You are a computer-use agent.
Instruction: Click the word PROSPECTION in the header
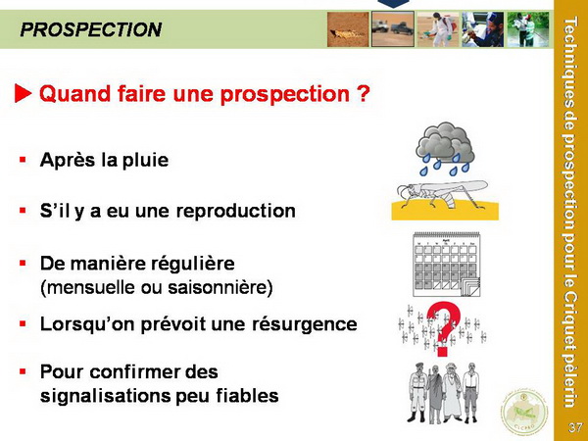point(91,29)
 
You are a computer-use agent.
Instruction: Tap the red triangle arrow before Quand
point(23,93)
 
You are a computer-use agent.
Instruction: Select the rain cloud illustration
point(445,149)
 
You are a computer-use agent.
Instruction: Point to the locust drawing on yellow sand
point(445,200)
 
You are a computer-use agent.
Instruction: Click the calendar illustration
point(447,265)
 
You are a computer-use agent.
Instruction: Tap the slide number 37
point(575,427)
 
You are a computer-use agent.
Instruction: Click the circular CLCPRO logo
point(524,412)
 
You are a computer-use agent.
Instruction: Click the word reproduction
point(236,211)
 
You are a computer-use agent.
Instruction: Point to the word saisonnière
point(220,287)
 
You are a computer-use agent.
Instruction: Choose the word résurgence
point(304,324)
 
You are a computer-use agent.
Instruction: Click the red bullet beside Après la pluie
point(23,160)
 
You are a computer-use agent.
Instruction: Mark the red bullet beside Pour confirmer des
point(23,371)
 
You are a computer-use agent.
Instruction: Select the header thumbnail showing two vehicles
point(393,28)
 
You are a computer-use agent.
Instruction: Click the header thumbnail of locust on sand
point(348,29)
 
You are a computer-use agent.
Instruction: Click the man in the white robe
point(451,392)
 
